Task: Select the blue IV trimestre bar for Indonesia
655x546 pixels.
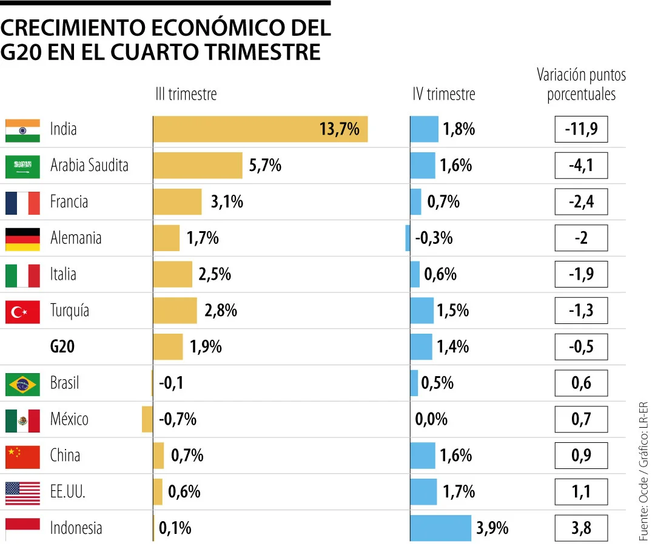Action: pyautogui.click(x=440, y=528)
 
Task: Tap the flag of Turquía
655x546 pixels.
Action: pyautogui.click(x=22, y=311)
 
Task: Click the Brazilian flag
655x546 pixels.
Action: pyautogui.click(x=22, y=384)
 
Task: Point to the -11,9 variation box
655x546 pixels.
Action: pyautogui.click(x=580, y=129)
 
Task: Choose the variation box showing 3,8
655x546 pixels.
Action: pyautogui.click(x=580, y=528)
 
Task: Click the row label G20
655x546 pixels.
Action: pyautogui.click(x=62, y=347)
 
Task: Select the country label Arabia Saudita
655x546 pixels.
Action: pyautogui.click(x=89, y=165)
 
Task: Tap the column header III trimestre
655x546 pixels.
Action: pyautogui.click(x=186, y=94)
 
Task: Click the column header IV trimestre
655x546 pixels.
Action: pyautogui.click(x=443, y=94)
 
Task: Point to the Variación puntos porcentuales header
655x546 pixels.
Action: pyautogui.click(x=581, y=85)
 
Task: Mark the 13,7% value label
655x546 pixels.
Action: pyautogui.click(x=339, y=129)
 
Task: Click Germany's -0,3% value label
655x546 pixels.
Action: pyautogui.click(x=434, y=238)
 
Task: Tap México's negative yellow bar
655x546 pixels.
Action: pyautogui.click(x=147, y=419)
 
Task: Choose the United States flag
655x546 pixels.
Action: pyautogui.click(x=22, y=492)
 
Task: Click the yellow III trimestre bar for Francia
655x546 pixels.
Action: pyautogui.click(x=177, y=201)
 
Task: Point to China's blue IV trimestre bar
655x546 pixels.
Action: pyautogui.click(x=423, y=456)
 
